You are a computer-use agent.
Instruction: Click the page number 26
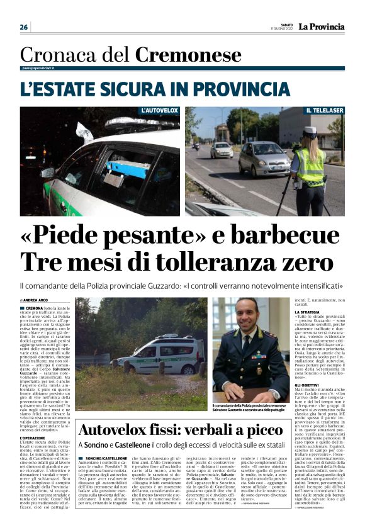coord(24,27)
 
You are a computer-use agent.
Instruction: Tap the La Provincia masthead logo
coord(321,26)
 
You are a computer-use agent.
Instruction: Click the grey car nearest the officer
coord(264,159)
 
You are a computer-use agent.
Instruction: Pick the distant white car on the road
coord(222,149)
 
